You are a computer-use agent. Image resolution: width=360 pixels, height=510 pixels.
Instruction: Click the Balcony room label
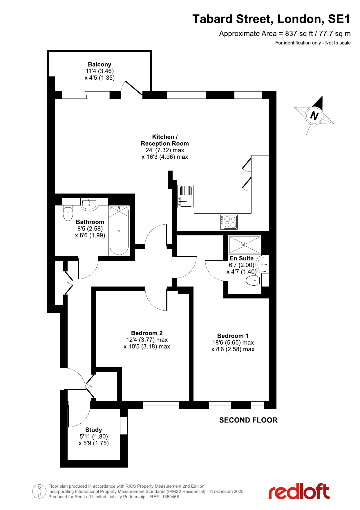pos(100,65)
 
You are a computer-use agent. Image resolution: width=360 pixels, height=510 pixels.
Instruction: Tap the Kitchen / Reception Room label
pos(165,140)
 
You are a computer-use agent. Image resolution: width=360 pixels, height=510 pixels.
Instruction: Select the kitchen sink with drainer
pos(185,196)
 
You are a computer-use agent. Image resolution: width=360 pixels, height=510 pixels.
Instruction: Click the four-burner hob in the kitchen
pos(229,222)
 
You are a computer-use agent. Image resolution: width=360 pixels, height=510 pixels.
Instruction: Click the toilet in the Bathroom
pos(68,213)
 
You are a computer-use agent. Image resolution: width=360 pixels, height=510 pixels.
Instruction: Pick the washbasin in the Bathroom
pos(89,204)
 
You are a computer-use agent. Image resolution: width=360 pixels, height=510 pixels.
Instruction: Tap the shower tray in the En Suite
pos(245,245)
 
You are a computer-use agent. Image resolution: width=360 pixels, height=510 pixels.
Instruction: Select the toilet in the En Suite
pos(254,281)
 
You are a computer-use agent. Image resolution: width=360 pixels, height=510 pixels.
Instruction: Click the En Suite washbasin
pos(263,264)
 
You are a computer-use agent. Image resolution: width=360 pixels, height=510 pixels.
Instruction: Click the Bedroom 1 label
pos(233,336)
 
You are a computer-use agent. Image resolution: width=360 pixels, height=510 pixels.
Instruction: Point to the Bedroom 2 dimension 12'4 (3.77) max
pos(147,340)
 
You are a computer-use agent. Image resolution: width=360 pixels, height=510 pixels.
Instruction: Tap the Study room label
pos(93,430)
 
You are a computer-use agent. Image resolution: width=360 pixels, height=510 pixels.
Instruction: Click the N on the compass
pos(314,116)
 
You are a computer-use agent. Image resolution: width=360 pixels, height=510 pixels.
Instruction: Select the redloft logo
pos(299,491)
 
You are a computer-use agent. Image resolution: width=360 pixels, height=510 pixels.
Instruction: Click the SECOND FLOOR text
pos(248,420)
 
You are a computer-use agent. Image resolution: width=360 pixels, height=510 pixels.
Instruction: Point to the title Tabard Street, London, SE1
pos(271,19)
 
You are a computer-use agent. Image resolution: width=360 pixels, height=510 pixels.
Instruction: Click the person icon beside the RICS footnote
pos(39,491)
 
